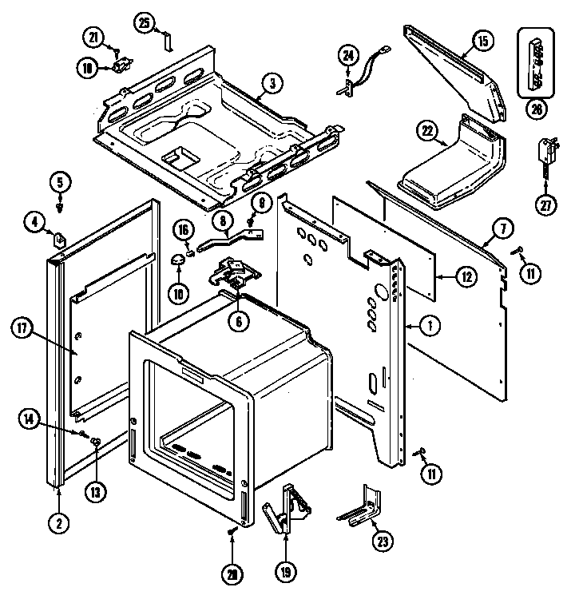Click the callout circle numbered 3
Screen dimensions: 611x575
point(272,82)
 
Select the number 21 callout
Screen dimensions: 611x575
point(95,36)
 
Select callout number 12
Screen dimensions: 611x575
point(466,277)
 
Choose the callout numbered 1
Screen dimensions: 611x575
point(430,325)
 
